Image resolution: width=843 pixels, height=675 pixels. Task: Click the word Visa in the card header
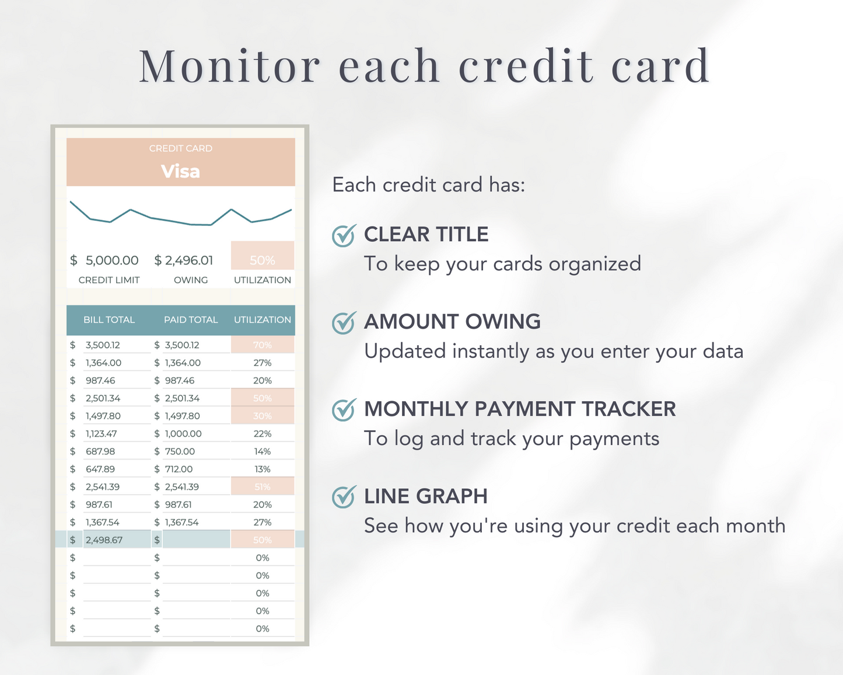[x=180, y=171]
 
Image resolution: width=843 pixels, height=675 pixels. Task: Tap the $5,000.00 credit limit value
[x=111, y=260]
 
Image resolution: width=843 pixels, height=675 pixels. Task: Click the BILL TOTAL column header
[x=109, y=320]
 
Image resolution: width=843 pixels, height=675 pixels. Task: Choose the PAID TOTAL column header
[x=191, y=320]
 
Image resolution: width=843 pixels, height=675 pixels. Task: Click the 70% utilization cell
[x=263, y=345]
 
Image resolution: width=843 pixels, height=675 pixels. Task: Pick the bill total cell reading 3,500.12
[x=103, y=345]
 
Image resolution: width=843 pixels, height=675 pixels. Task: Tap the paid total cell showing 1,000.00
[x=183, y=434]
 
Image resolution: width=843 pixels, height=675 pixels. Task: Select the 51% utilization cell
[x=263, y=487]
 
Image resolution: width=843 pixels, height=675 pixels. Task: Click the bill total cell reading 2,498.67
[x=104, y=540]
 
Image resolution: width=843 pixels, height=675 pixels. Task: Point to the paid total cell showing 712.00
[x=179, y=469]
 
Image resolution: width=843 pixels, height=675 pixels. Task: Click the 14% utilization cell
[x=263, y=451]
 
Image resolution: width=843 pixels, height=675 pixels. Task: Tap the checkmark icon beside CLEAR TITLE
[x=344, y=236]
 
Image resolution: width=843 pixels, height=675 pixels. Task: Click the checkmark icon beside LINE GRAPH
[x=344, y=497]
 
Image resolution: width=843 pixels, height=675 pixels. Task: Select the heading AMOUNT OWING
[x=452, y=322]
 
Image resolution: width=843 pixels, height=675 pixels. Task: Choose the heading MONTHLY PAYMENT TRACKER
[x=520, y=409]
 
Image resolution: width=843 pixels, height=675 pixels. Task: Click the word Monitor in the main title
[x=230, y=66]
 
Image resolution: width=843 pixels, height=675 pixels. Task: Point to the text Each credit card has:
[x=429, y=185]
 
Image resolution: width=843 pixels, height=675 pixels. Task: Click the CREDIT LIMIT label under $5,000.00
[x=109, y=280]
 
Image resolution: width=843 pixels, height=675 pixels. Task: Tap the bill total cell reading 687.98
[x=100, y=451]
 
